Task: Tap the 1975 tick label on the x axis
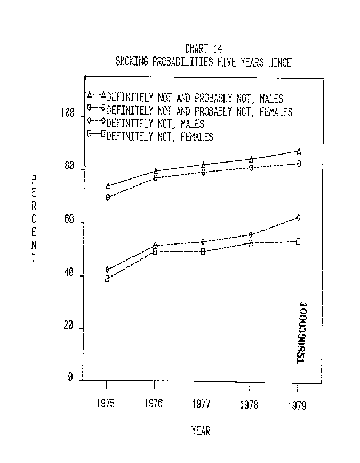tap(106, 404)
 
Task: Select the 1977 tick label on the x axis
tap(201, 404)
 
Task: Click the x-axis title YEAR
tap(201, 431)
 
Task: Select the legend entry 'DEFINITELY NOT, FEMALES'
tap(160, 137)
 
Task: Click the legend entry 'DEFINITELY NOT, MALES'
tap(155, 125)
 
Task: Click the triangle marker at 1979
tap(299, 151)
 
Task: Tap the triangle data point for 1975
tap(108, 186)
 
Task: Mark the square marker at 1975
tap(107, 278)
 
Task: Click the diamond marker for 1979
tap(298, 217)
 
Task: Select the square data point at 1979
tap(298, 241)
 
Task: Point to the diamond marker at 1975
tap(108, 270)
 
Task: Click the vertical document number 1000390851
tap(301, 333)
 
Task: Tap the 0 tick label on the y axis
tap(70, 377)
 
